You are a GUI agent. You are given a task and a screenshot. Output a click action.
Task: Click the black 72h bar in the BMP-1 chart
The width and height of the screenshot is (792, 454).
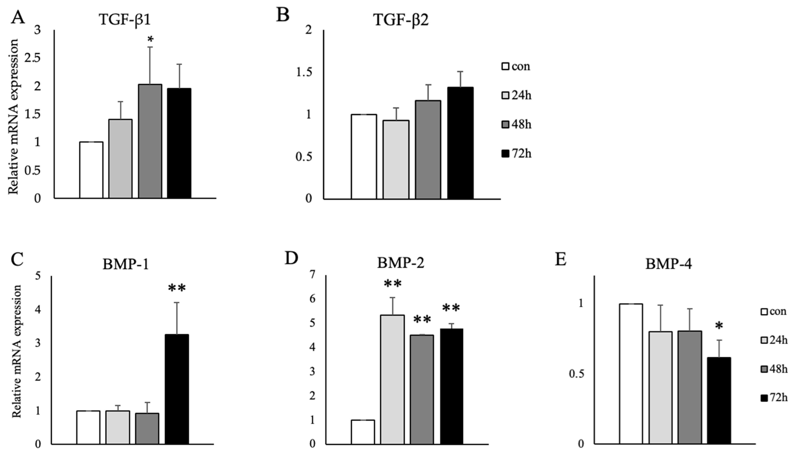click(x=177, y=389)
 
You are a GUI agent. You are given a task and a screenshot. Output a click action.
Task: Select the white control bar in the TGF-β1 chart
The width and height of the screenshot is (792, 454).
click(x=91, y=170)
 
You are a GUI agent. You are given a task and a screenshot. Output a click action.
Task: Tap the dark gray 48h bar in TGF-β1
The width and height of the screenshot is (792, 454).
click(x=150, y=141)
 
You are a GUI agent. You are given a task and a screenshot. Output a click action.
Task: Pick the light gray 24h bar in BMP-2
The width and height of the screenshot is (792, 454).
click(x=392, y=379)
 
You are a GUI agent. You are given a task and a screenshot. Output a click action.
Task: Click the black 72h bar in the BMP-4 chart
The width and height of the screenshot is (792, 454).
click(x=719, y=400)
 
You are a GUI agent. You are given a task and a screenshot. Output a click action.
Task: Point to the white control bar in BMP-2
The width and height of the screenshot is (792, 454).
click(x=363, y=432)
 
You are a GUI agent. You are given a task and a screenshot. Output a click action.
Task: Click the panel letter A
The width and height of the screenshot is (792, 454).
click(x=18, y=17)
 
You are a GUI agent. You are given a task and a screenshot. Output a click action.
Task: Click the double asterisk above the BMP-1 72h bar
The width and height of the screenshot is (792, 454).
click(x=177, y=288)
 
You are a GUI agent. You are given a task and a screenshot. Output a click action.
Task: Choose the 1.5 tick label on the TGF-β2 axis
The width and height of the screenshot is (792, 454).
click(x=304, y=73)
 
